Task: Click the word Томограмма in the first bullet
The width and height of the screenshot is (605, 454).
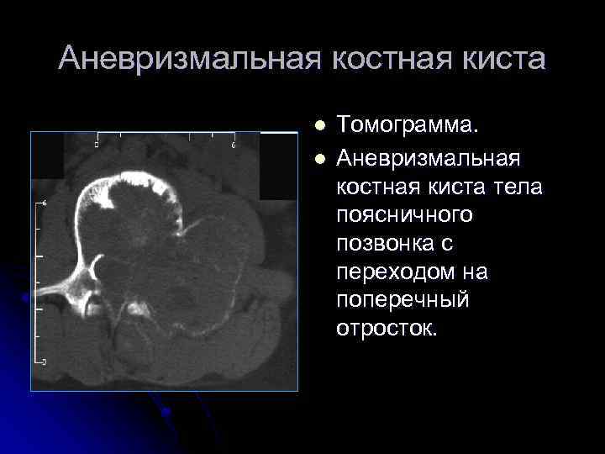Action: pyautogui.click(x=409, y=125)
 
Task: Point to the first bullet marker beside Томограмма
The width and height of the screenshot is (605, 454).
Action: pyautogui.click(x=318, y=125)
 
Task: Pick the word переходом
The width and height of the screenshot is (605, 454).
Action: pyautogui.click(x=388, y=272)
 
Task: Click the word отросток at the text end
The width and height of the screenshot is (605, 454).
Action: pyautogui.click(x=387, y=327)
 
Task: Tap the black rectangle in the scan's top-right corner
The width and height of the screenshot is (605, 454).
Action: pyautogui.click(x=278, y=165)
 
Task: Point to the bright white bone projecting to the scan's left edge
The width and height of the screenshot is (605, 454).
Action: pyautogui.click(x=59, y=291)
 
